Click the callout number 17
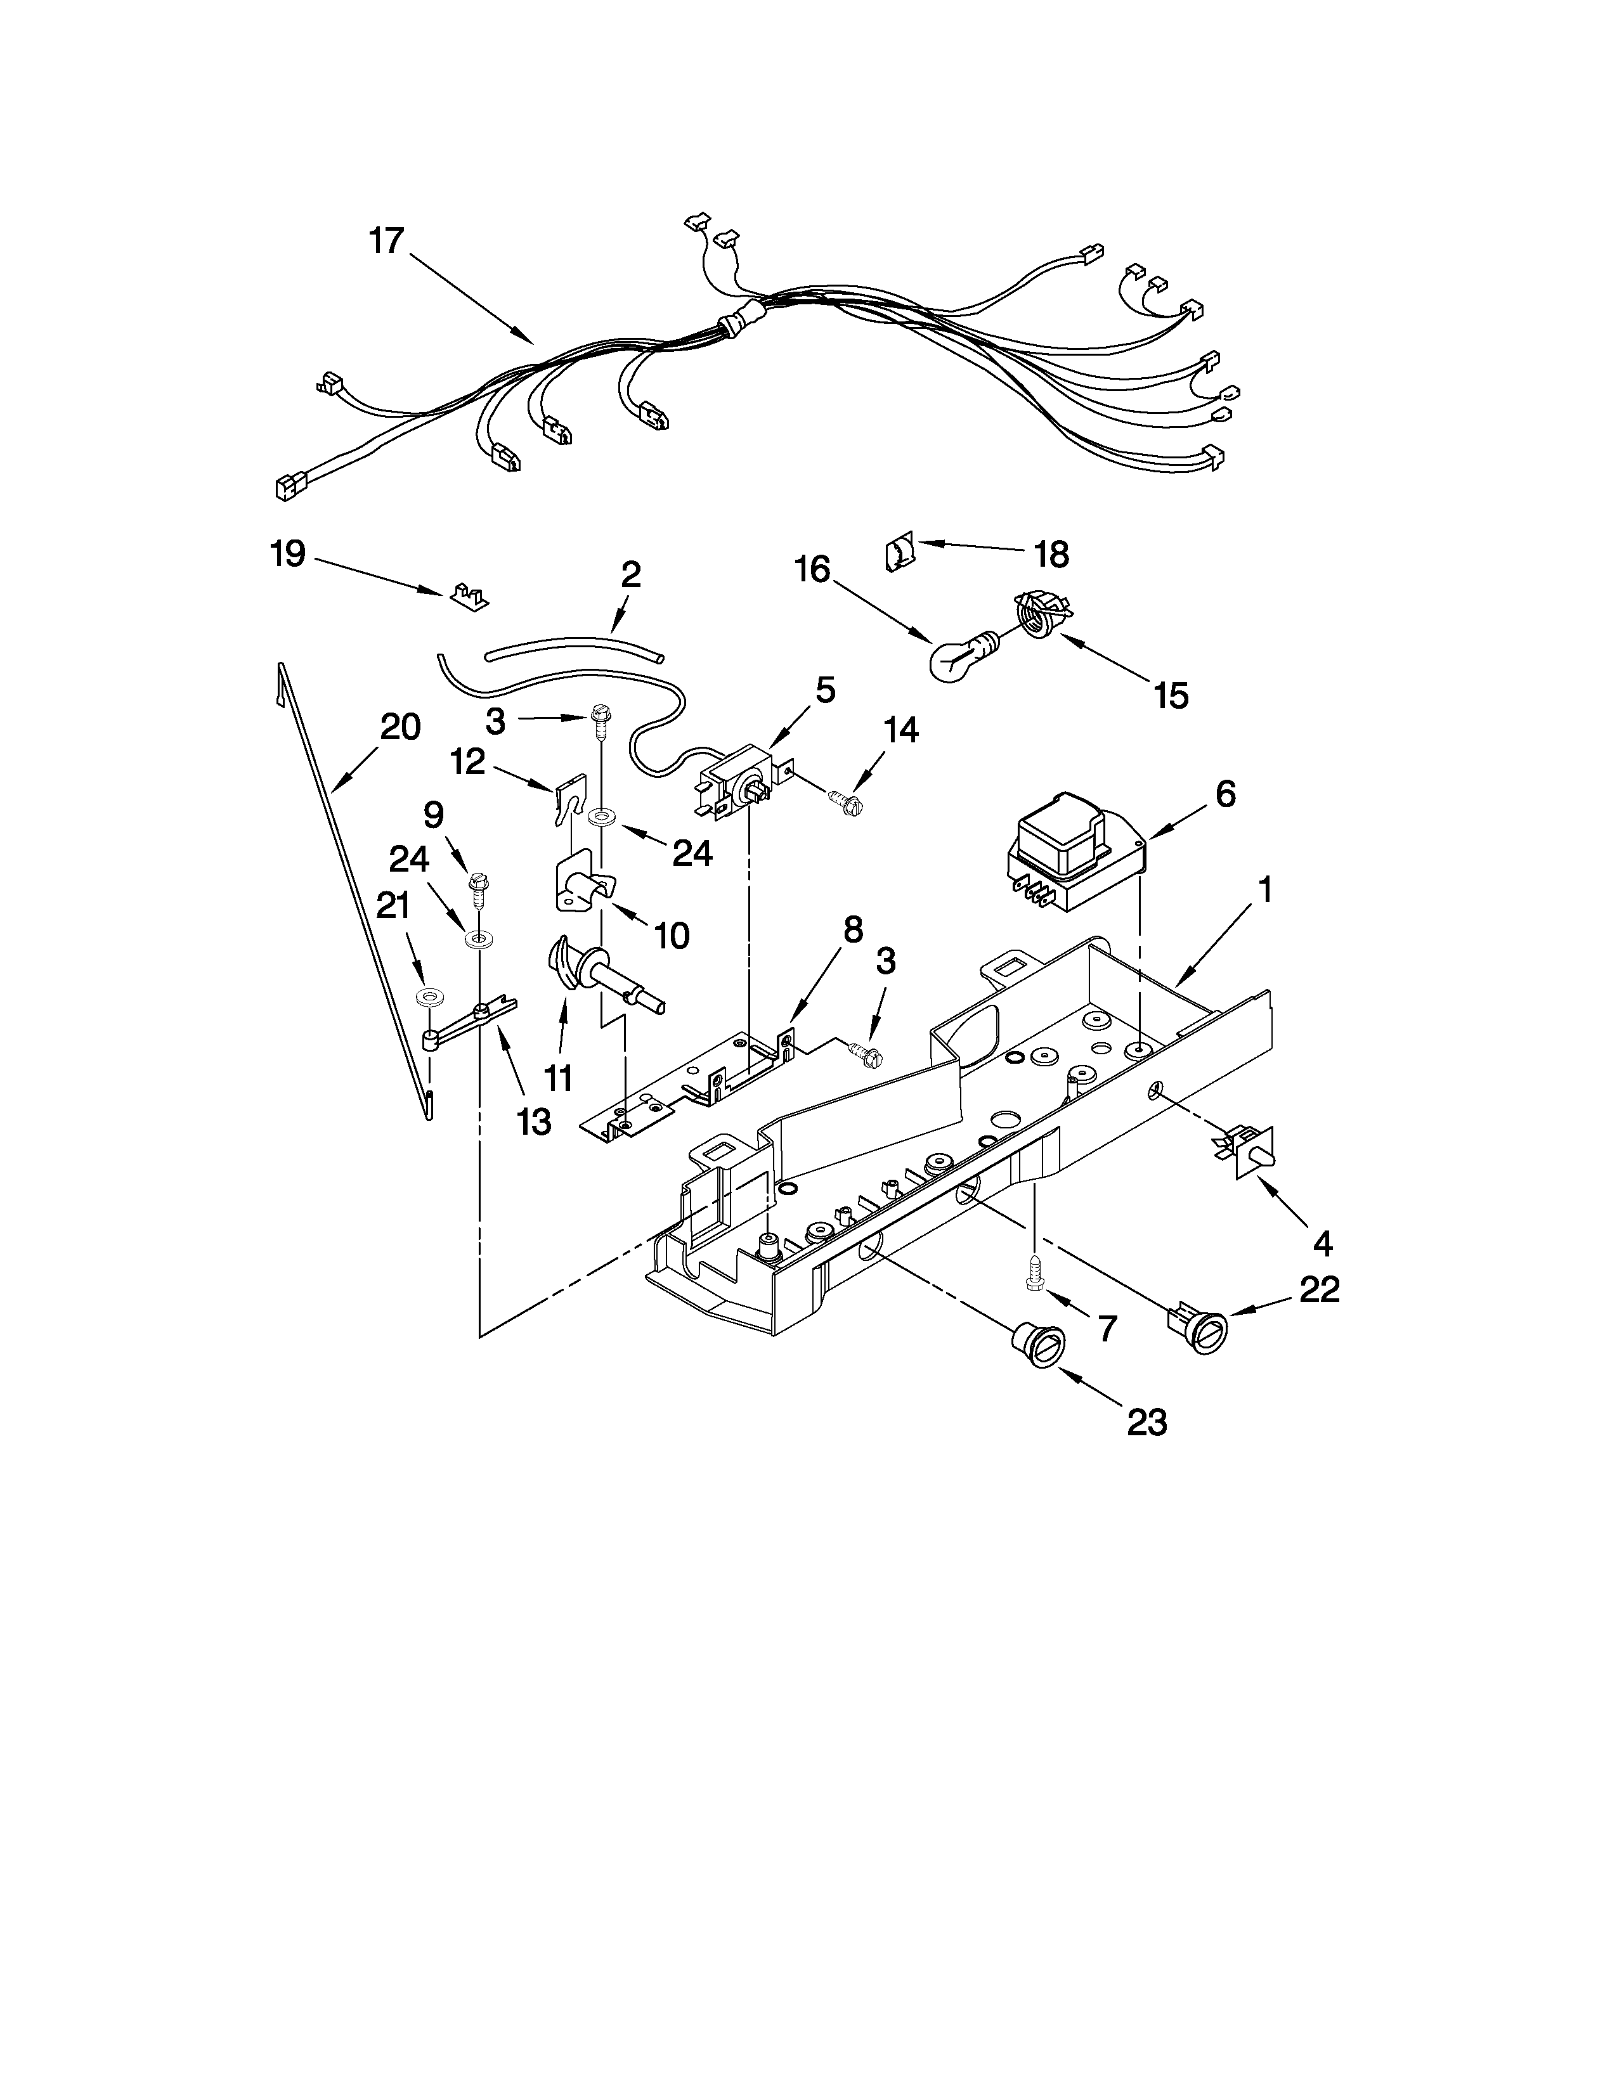coord(387,240)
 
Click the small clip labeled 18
coord(899,553)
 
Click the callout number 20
coord(400,727)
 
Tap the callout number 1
coord(1264,890)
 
